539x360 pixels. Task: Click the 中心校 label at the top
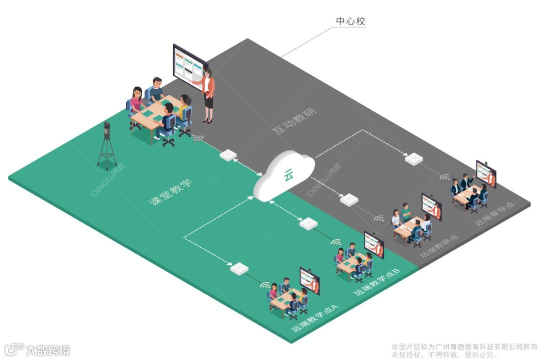(351, 21)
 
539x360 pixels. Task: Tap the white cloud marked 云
(285, 176)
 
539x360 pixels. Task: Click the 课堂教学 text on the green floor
(171, 192)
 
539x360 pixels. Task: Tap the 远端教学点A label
(315, 320)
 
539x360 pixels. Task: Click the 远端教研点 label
(439, 245)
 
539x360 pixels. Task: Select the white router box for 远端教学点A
(240, 268)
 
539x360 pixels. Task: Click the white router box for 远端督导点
(414, 160)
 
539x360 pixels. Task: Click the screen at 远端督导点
(486, 173)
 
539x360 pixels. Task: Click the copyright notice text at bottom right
(464, 350)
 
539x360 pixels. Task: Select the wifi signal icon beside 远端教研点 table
(379, 218)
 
